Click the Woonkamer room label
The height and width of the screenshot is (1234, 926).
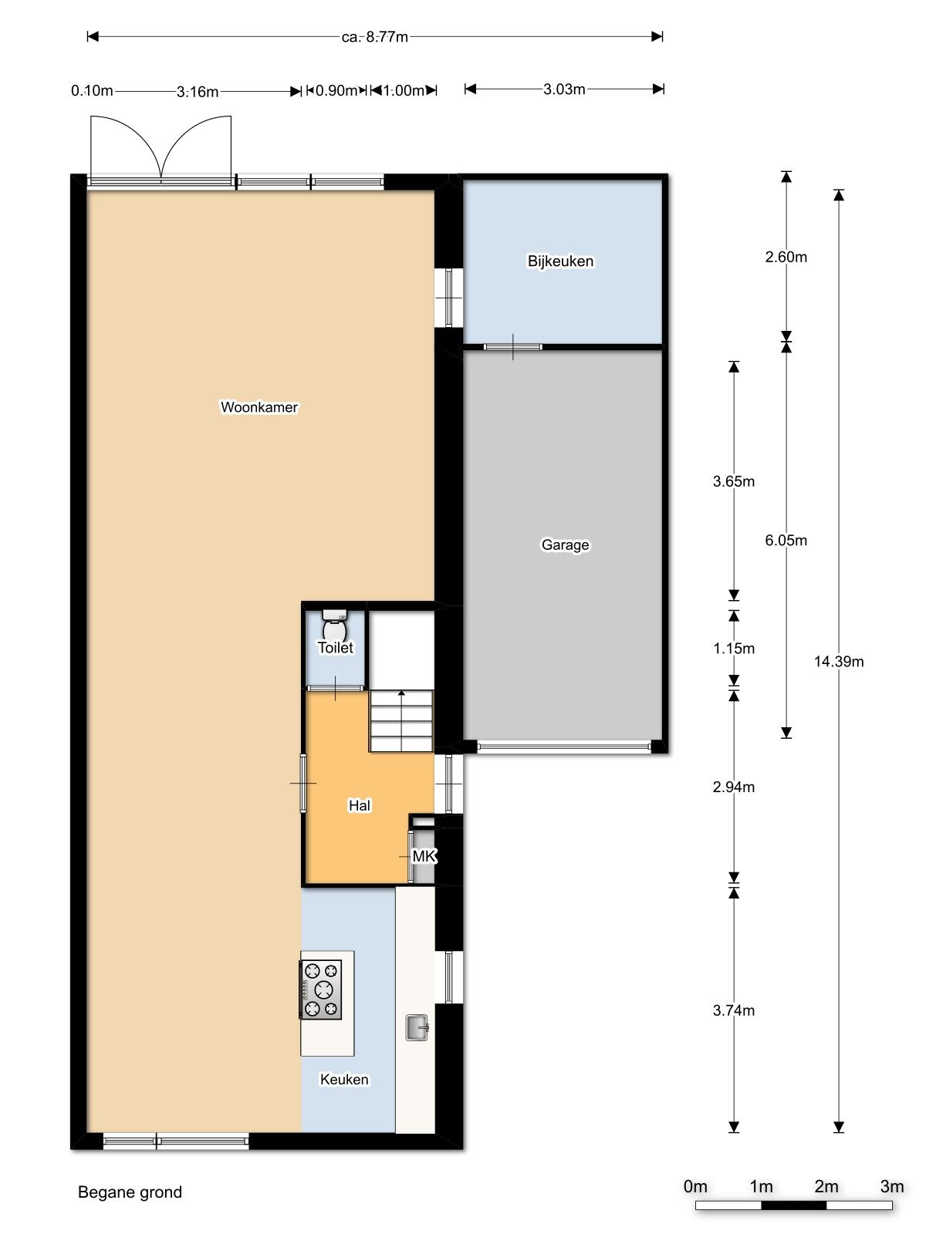click(259, 407)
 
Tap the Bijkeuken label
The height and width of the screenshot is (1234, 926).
click(560, 261)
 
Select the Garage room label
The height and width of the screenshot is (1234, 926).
click(565, 545)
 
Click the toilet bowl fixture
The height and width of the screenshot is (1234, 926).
click(335, 624)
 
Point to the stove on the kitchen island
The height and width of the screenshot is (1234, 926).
click(320, 990)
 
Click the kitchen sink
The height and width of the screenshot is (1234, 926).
click(417, 1027)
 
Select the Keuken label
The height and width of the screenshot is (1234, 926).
click(345, 1080)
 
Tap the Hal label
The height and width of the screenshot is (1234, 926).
click(360, 806)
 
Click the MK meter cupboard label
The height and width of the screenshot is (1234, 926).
click(424, 856)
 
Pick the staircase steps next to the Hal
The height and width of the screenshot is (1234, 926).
click(400, 721)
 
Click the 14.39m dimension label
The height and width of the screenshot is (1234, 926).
click(839, 662)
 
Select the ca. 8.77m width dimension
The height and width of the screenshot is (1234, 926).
click(375, 37)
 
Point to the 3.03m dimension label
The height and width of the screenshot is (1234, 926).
click(565, 89)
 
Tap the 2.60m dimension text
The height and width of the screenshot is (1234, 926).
click(786, 257)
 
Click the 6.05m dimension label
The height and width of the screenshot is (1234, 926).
click(786, 541)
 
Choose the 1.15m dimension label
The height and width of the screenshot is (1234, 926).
click(734, 649)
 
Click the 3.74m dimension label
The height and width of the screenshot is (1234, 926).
click(734, 1010)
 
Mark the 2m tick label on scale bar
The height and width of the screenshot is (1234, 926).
click(826, 1187)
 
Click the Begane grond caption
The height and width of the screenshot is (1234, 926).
click(130, 1193)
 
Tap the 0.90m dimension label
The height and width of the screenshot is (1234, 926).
click(336, 90)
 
